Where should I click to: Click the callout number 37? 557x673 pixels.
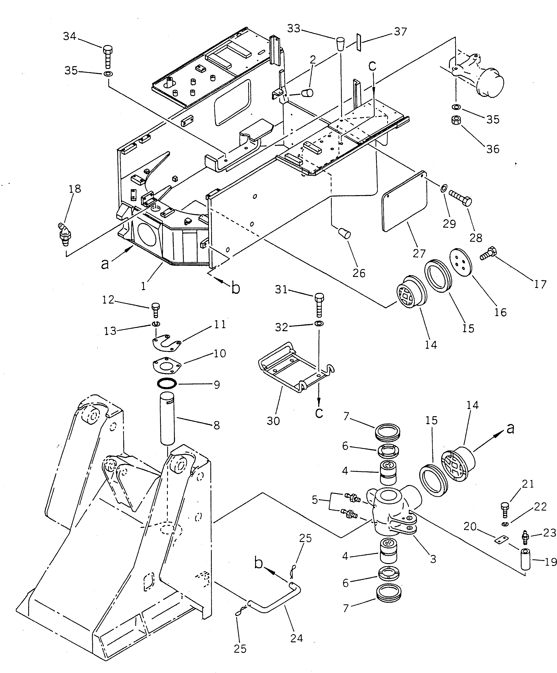(400, 32)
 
